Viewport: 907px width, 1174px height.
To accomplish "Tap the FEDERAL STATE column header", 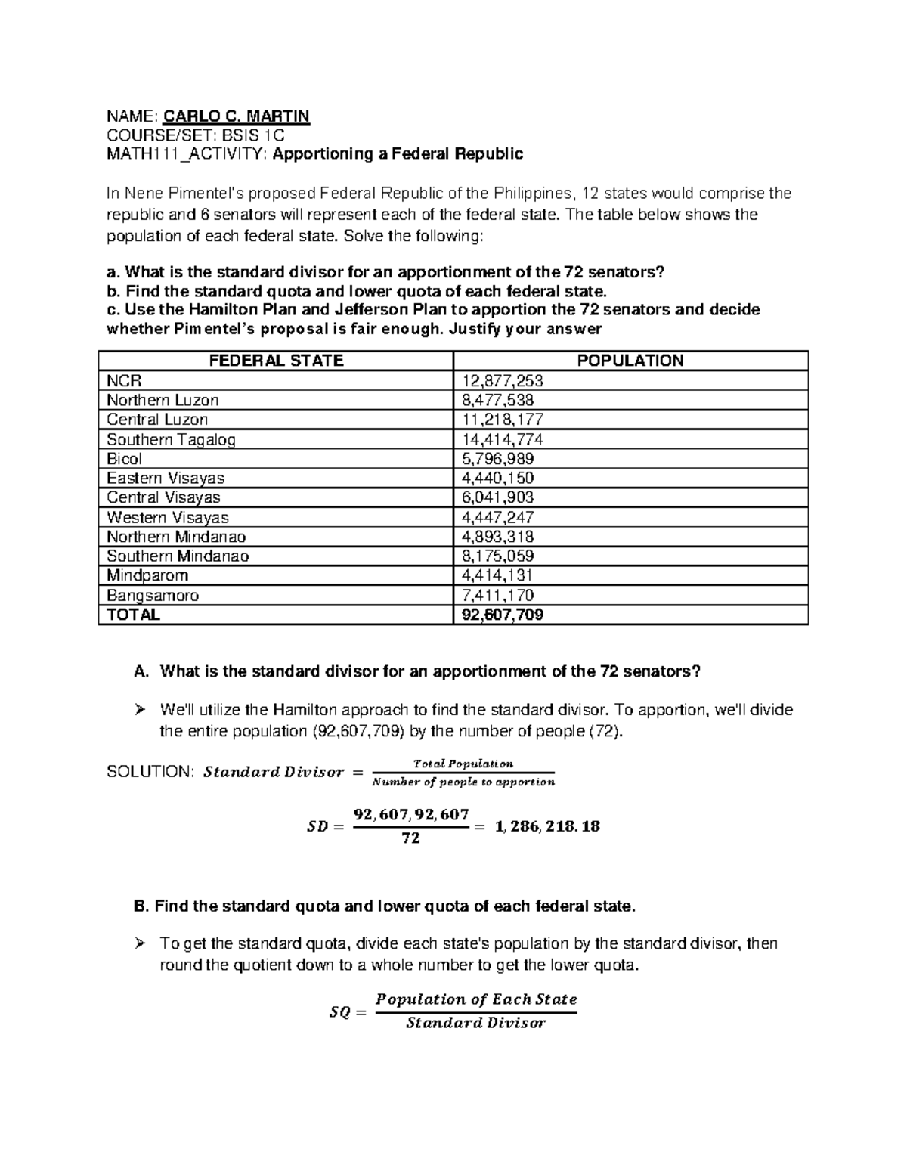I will (276, 361).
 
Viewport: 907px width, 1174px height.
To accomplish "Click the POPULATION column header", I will (630, 361).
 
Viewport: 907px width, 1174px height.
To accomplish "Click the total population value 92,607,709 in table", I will (502, 615).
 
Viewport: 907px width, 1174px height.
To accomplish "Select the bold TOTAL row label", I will (133, 615).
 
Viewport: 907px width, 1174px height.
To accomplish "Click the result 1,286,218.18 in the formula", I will (547, 826).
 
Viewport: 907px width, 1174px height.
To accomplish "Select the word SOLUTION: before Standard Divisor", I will (151, 772).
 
